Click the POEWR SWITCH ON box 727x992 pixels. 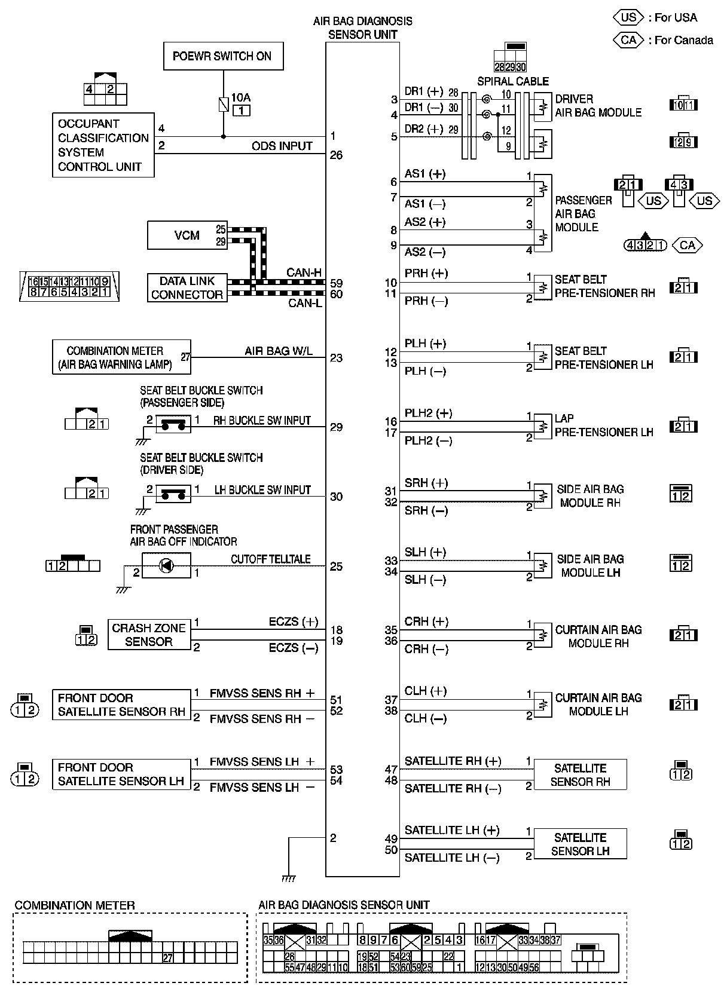pos(223,57)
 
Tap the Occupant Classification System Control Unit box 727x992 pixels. pos(103,145)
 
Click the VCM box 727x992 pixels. pos(187,235)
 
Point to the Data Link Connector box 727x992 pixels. pos(187,287)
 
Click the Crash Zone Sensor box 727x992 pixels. pos(149,635)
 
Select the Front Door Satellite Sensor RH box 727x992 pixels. pos(121,705)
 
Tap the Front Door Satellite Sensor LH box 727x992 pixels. pos(121,774)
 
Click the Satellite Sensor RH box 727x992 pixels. pos(580,774)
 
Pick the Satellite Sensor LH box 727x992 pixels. pos(580,844)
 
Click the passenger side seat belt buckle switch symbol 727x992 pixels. pos(173,424)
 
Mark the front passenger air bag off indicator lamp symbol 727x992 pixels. pos(166,565)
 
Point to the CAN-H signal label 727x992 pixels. pos(304,273)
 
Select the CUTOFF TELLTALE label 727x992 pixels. pos(271,559)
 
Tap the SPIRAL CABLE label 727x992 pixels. pos(512,81)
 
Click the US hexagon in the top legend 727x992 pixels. pos(628,17)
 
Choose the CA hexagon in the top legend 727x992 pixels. pos(628,40)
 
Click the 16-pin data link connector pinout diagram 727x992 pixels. pos(69,286)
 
